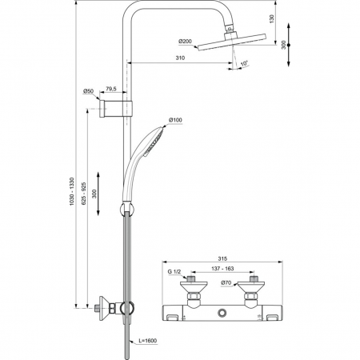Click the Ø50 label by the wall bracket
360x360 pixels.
point(89,91)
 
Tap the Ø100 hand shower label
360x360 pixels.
point(176,122)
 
